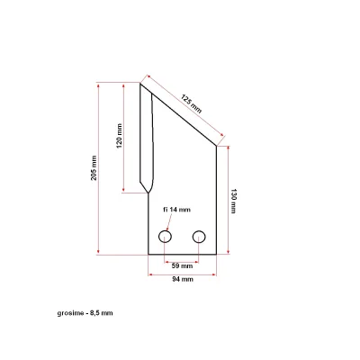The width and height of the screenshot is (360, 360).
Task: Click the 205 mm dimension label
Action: click(x=94, y=168)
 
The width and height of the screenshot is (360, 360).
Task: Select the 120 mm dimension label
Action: click(x=119, y=136)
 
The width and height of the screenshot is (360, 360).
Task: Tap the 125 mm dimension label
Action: click(x=191, y=103)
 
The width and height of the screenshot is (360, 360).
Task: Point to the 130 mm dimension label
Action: click(x=233, y=201)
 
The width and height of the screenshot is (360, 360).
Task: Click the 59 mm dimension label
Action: click(x=182, y=265)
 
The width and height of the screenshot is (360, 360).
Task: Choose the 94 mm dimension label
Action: click(x=183, y=279)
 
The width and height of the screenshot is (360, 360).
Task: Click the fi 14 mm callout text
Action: click(x=177, y=210)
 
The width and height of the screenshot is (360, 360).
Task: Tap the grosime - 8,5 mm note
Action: click(x=85, y=313)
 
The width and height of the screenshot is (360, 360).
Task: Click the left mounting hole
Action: click(x=165, y=237)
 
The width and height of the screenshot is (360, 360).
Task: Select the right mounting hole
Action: click(x=199, y=237)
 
